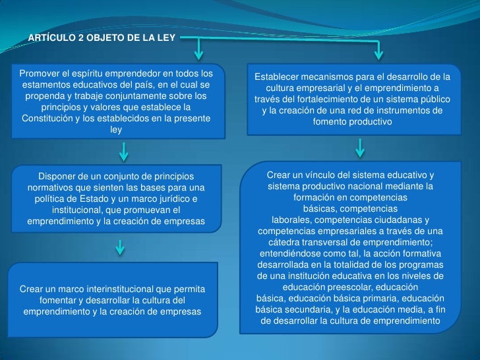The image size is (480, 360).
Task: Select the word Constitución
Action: click(52, 118)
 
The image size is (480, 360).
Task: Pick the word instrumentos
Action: click(398, 111)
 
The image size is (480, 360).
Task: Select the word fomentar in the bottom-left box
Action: click(62, 300)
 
